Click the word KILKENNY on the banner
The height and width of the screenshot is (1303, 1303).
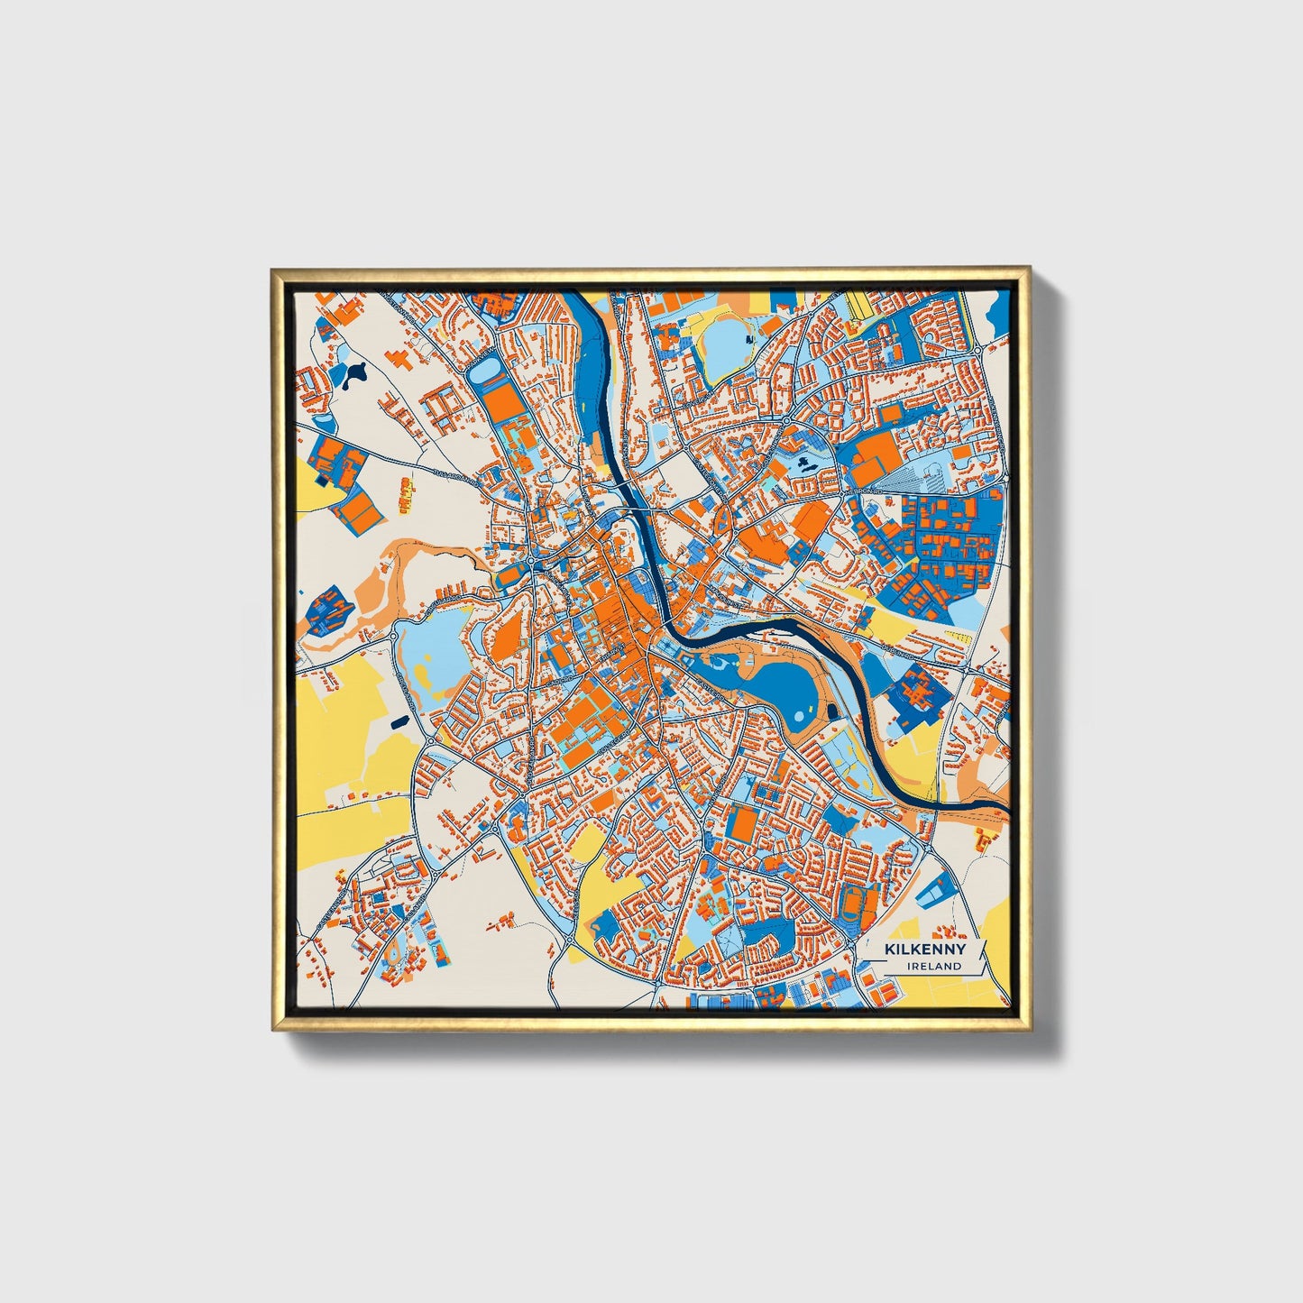[924, 950]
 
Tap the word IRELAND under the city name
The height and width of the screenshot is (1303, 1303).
[934, 966]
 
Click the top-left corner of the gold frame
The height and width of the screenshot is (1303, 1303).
[271, 269]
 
